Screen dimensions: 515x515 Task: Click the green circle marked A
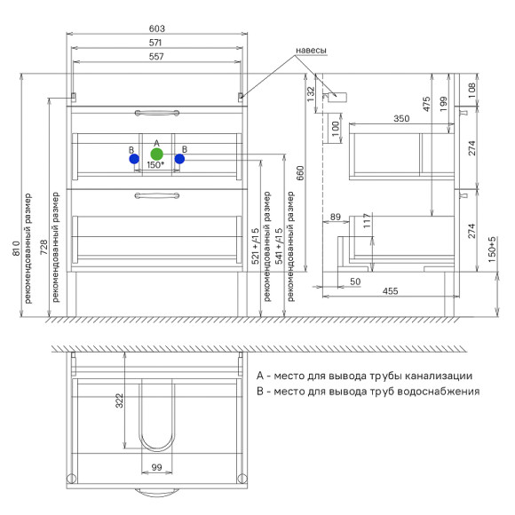coord(156,154)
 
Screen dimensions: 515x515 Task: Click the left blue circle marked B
coord(134,159)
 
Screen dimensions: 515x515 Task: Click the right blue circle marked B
coord(179,159)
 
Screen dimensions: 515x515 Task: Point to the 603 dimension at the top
coord(156,28)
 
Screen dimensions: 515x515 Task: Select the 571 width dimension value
coord(155,43)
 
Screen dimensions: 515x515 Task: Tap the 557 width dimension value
coord(156,57)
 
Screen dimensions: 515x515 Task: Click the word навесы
coord(311,51)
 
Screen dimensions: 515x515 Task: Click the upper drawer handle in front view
coord(157,113)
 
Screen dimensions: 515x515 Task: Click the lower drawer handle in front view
coord(157,195)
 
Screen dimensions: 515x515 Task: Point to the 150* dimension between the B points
coord(155,165)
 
